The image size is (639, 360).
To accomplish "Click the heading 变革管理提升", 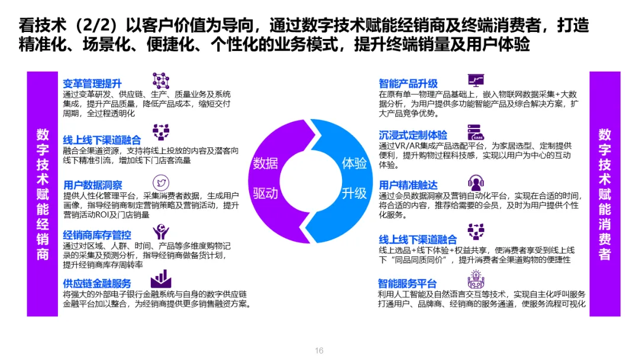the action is [92, 84].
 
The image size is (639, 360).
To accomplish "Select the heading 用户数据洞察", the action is [93, 185].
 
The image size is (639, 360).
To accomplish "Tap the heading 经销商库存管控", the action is [97, 235].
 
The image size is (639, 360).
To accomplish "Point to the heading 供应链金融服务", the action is [97, 284].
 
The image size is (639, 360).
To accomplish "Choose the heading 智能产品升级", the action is [408, 83].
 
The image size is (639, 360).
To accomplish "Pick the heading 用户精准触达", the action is [408, 185].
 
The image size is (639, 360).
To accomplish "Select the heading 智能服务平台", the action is [408, 284].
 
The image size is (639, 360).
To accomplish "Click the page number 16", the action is [319, 351].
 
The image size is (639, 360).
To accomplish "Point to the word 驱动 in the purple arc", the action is [266, 193].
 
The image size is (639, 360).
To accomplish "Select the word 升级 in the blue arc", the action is [354, 193].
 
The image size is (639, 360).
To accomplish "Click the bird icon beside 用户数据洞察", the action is [160, 182].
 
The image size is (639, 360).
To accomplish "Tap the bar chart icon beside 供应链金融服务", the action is [160, 279].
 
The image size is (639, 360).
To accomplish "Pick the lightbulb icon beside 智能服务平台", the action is [476, 279].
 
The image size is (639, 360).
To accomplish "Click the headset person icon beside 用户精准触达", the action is [476, 182].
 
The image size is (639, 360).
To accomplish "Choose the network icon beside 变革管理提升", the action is [160, 81].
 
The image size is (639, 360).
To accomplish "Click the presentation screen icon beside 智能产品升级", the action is [476, 81].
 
